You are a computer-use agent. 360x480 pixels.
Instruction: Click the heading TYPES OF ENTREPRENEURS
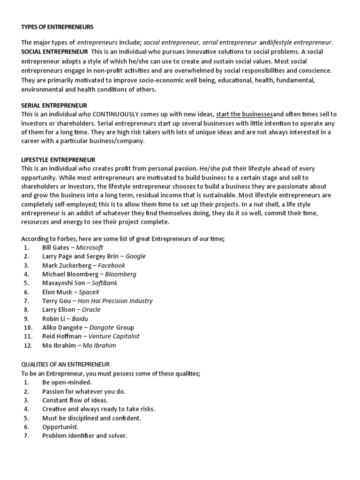coord(58,27)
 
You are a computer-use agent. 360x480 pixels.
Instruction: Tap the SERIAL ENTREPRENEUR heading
coord(54,105)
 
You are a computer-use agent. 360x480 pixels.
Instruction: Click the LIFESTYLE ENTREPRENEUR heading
coord(58,160)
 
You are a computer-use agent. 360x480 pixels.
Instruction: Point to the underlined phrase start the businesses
coord(244,114)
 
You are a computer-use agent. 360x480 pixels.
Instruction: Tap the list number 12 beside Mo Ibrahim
coord(27,345)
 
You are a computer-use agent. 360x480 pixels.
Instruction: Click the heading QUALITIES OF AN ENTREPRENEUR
coord(65,364)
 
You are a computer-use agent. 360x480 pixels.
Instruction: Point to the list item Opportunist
coord(60,427)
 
